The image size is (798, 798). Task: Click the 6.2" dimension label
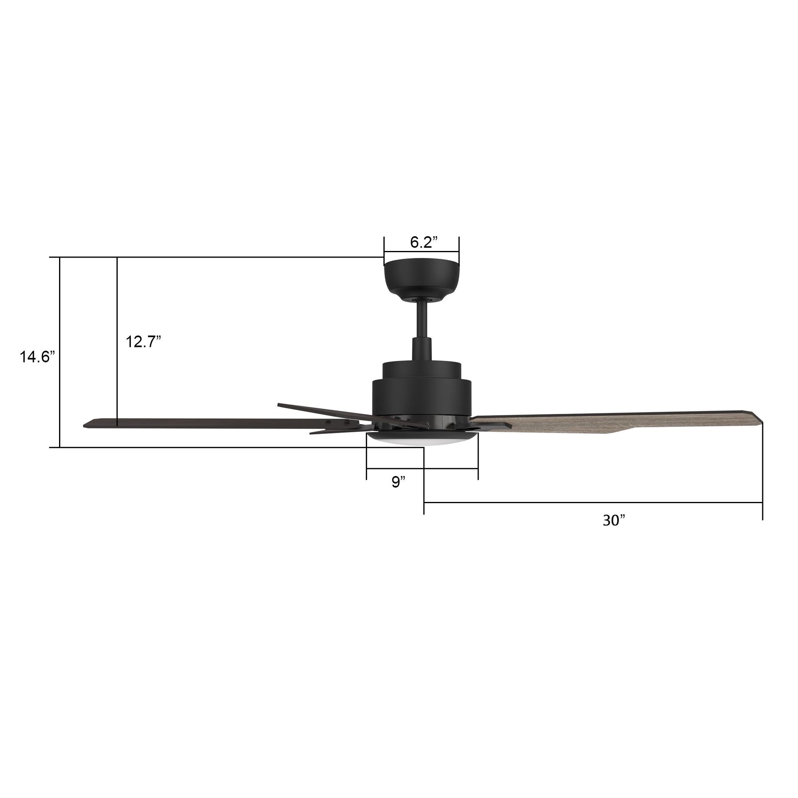click(421, 242)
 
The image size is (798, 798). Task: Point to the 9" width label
click(399, 482)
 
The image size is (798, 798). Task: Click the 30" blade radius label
click(614, 520)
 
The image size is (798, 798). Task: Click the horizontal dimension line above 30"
click(593, 502)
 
